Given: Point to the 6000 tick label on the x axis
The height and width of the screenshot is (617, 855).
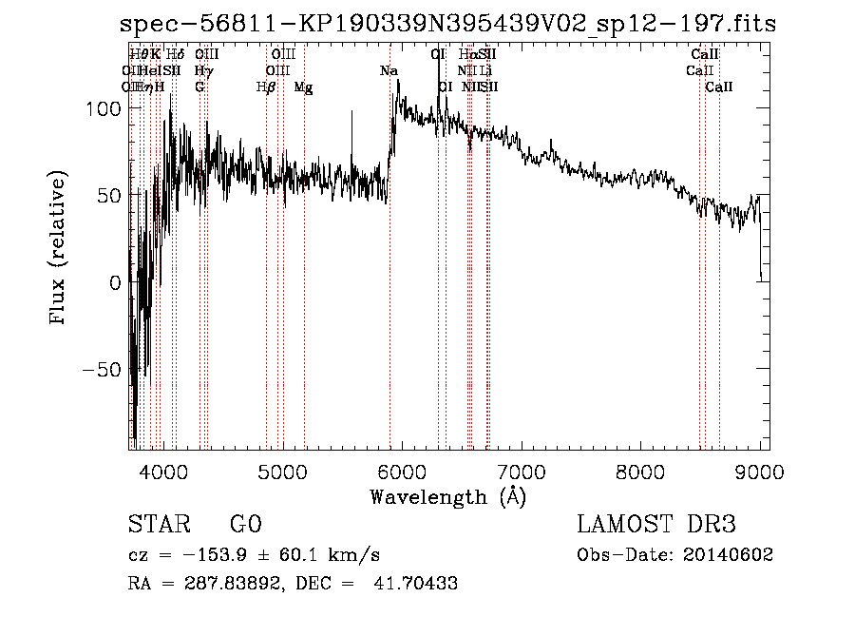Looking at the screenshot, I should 401,471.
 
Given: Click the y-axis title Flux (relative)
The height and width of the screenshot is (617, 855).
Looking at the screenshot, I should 59,249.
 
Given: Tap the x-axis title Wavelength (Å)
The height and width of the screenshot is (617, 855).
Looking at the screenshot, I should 448,496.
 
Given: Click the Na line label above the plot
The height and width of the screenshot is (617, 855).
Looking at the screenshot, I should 389,71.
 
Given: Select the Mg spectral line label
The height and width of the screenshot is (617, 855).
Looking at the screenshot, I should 303,87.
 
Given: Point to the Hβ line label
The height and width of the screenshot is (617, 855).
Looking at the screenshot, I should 266,87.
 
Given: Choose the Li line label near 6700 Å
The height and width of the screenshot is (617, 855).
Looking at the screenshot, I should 485,71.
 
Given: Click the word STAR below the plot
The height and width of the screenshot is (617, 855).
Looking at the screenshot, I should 152,525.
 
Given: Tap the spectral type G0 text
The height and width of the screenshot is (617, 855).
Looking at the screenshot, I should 245,525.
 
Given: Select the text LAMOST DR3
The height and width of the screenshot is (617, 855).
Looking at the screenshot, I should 656,525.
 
